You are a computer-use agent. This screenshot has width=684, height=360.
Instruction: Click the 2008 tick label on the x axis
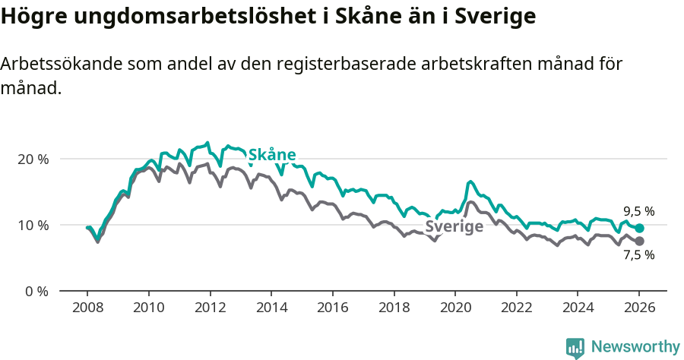click(87, 309)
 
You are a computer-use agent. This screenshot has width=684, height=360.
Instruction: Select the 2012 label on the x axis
click(210, 309)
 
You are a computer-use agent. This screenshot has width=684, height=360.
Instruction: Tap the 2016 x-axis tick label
click(332, 309)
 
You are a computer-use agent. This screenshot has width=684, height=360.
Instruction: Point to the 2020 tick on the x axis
click(454, 309)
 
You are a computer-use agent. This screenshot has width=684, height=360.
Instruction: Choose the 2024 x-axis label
click(577, 309)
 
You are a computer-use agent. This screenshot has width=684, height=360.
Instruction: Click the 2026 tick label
click(638, 309)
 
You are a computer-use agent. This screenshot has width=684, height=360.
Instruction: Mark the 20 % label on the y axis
click(33, 159)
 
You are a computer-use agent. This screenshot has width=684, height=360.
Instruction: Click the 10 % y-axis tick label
click(33, 226)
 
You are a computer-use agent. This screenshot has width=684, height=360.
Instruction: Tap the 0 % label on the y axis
click(36, 292)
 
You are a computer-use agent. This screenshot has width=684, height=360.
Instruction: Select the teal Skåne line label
click(272, 155)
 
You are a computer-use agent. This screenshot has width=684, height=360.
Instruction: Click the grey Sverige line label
click(454, 226)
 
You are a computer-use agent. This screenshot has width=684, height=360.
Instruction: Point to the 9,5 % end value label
click(638, 212)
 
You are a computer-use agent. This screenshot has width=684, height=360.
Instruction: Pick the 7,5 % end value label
click(638, 255)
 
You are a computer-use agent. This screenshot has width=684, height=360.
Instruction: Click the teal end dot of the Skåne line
click(639, 228)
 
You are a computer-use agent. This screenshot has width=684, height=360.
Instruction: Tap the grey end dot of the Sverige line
click(639, 241)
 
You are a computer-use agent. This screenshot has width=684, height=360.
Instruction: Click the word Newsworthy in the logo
click(635, 347)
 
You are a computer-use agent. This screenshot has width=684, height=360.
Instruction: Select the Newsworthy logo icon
click(575, 348)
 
